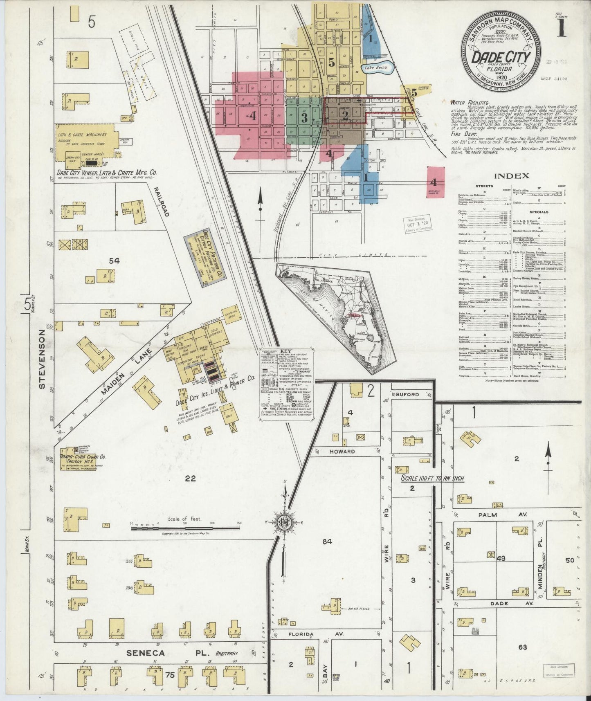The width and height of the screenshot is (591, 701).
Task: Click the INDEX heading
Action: tap(512, 176)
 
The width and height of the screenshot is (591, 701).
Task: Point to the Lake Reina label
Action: tap(375, 67)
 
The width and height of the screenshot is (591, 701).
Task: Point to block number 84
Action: tap(327, 541)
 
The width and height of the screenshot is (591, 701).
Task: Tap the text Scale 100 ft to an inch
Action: tap(432, 478)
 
